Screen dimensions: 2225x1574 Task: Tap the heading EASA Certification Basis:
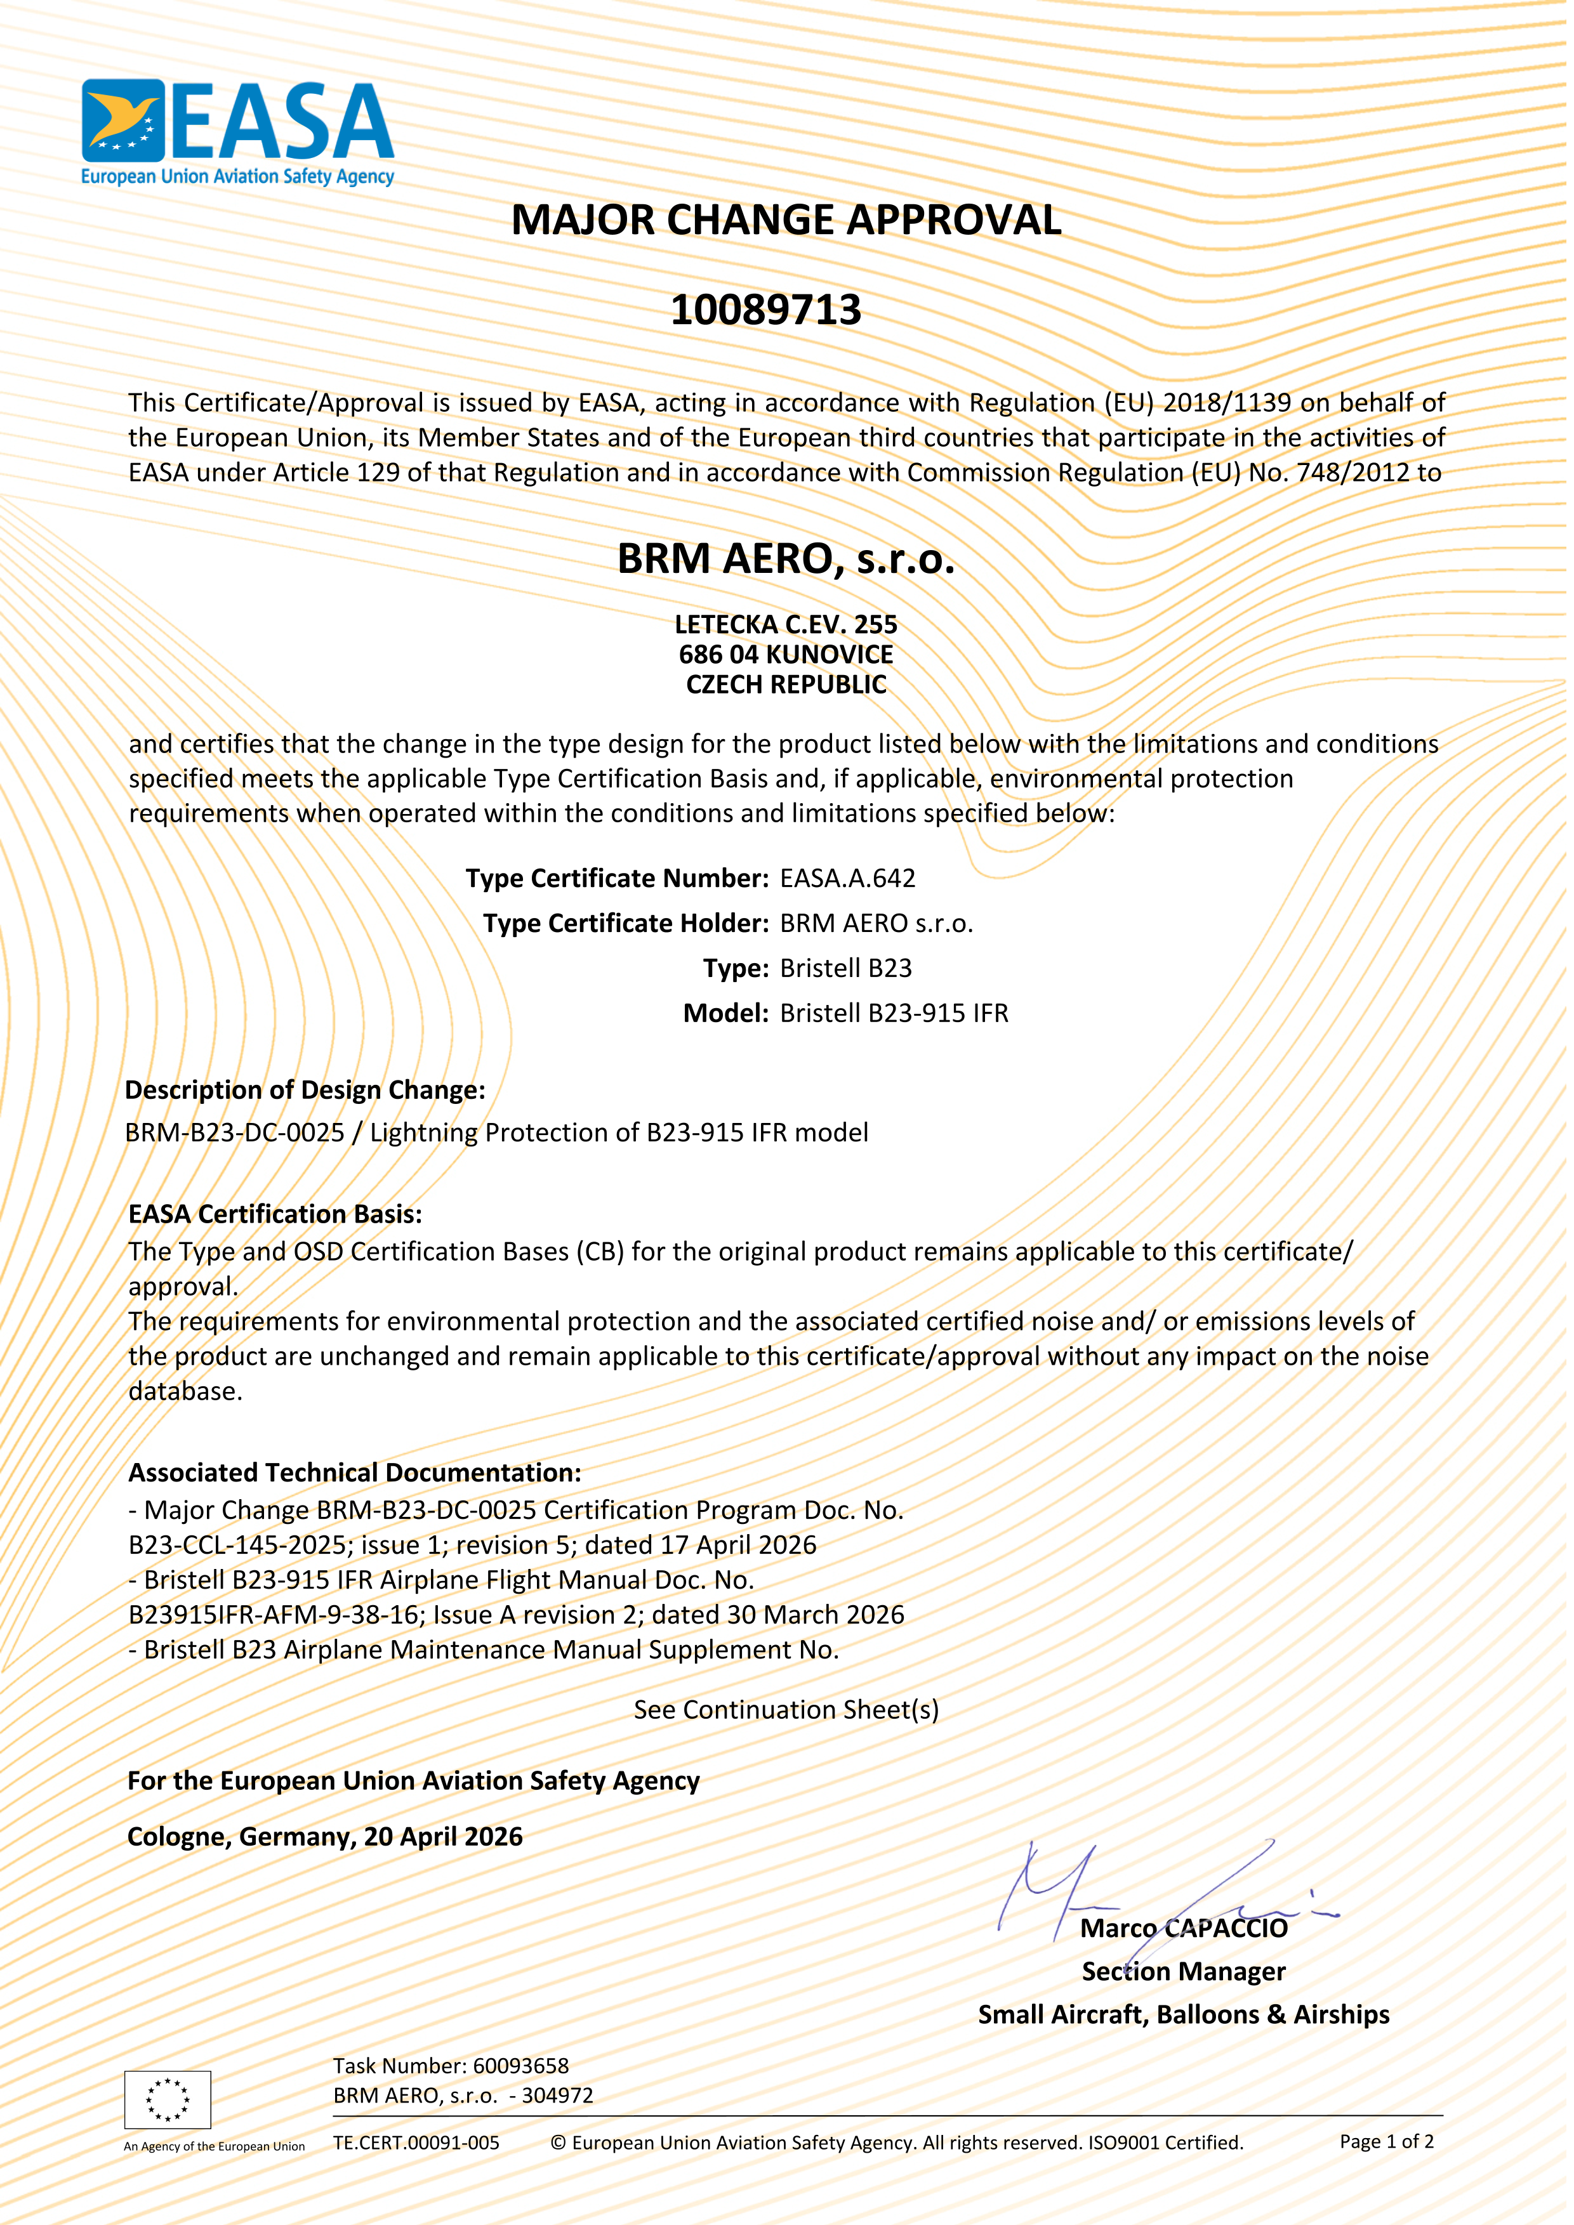coord(275,1214)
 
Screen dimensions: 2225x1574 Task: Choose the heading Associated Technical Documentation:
coord(355,1473)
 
